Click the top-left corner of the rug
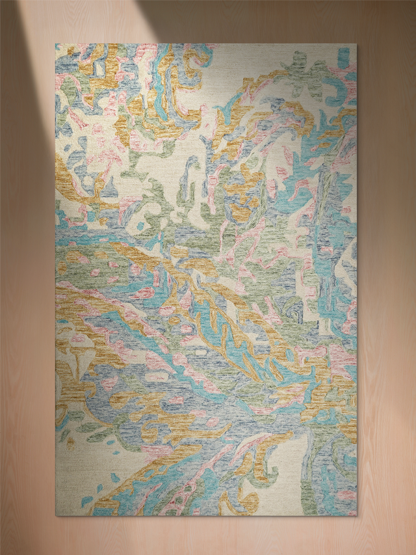coord(55,44)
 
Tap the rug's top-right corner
coord(357,44)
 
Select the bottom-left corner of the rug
coord(55,516)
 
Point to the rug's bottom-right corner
coord(357,516)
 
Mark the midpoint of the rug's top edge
coord(206,44)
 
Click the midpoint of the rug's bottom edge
coord(206,516)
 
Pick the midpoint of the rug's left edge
coord(55,280)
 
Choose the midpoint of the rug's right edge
coord(357,280)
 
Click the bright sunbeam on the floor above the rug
coord(84,20)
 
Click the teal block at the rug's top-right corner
coord(343,57)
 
